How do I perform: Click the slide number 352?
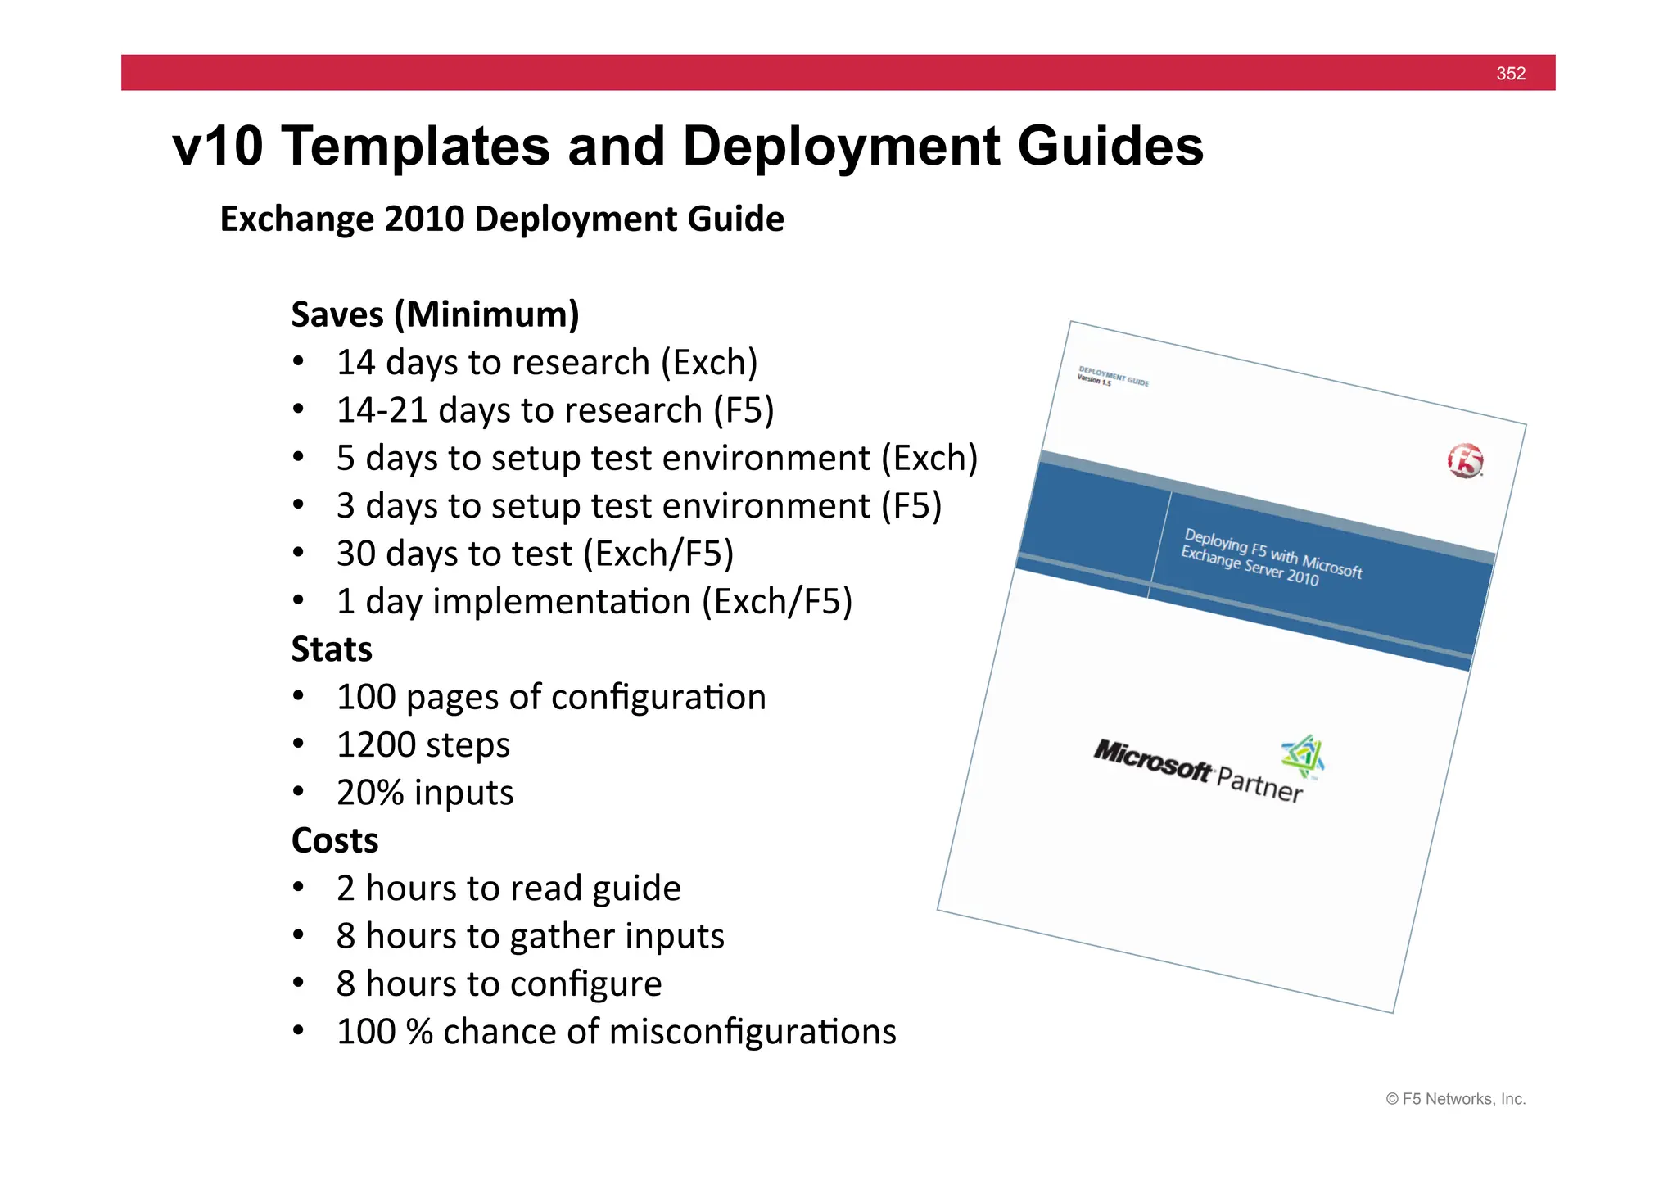click(1510, 74)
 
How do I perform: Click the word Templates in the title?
click(417, 147)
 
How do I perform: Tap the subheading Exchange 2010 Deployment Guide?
click(502, 219)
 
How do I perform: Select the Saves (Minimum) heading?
click(435, 314)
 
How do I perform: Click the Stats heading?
click(332, 649)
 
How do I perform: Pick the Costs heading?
click(335, 841)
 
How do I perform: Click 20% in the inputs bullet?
click(370, 793)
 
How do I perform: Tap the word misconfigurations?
click(753, 1032)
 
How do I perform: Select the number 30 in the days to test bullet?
click(355, 554)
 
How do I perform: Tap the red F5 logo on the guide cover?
click(1465, 461)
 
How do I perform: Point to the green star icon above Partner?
click(1303, 754)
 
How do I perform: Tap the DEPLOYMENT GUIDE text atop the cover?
click(1114, 376)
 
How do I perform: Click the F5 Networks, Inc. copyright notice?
click(1455, 1099)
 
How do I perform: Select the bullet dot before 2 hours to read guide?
click(299, 888)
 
